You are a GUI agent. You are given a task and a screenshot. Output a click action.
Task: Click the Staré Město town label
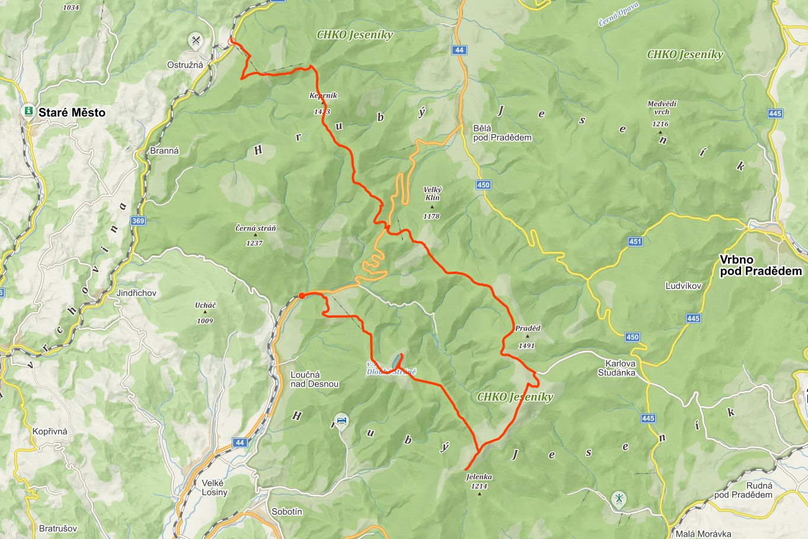(x=72, y=112)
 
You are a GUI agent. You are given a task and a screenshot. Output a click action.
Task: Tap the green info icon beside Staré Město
(x=27, y=111)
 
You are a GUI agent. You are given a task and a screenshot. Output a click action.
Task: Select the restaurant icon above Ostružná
(x=195, y=40)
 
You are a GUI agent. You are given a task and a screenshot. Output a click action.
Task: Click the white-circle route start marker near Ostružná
(x=232, y=42)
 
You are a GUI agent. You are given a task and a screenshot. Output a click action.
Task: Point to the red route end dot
(x=302, y=295)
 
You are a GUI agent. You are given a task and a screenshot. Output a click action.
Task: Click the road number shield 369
(x=138, y=221)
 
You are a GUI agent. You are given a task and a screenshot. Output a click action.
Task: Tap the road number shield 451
(x=635, y=241)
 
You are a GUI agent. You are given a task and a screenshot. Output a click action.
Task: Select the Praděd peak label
(x=527, y=328)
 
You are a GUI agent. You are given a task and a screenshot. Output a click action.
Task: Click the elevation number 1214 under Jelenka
(x=479, y=486)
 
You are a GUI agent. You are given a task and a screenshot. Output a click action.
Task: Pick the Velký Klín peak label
(x=432, y=193)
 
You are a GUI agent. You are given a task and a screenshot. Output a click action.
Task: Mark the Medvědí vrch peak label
(x=662, y=107)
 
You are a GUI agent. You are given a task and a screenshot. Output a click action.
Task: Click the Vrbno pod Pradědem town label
(x=761, y=266)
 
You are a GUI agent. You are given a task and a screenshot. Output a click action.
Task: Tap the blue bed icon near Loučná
(x=341, y=420)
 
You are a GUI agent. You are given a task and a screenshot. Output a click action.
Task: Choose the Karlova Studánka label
(x=620, y=368)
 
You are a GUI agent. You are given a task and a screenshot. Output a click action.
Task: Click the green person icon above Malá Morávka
(x=619, y=499)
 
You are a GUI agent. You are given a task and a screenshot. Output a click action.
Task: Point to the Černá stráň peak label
(x=256, y=228)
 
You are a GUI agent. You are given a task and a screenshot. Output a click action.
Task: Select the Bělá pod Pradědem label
(x=502, y=133)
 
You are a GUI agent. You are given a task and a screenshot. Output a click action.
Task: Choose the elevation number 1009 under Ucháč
(x=205, y=321)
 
